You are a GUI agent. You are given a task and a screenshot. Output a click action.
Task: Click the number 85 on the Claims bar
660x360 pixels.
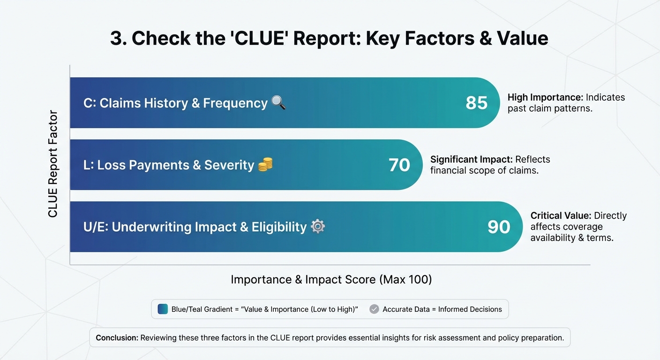tap(476, 103)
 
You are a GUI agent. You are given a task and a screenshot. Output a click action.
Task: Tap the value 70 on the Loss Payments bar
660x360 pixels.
tap(399, 165)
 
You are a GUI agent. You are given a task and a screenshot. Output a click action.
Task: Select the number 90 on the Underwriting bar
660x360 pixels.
tap(499, 227)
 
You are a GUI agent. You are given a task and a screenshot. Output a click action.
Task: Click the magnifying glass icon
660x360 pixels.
tap(278, 102)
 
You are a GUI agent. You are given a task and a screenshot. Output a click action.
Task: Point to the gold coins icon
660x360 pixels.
tap(265, 164)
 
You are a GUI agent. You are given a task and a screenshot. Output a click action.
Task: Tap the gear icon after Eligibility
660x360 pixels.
tap(318, 226)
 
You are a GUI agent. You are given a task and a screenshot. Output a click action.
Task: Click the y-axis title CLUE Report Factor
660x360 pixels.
tap(53, 164)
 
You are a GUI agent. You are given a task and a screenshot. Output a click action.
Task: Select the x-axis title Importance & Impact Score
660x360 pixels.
tap(331, 280)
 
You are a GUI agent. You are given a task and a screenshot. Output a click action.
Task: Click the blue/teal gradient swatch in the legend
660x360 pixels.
tap(163, 309)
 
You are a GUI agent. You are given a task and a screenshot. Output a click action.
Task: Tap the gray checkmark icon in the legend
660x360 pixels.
tap(374, 309)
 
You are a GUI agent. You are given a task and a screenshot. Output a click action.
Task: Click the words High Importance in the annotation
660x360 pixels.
tap(545, 97)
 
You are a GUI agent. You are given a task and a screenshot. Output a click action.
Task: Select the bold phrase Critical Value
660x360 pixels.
tap(561, 216)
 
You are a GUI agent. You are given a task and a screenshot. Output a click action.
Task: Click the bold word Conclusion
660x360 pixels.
tap(116, 337)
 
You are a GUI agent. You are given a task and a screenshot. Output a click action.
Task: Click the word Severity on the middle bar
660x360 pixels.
tap(229, 165)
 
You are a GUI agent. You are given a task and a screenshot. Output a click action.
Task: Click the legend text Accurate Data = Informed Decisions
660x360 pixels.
tap(442, 309)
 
